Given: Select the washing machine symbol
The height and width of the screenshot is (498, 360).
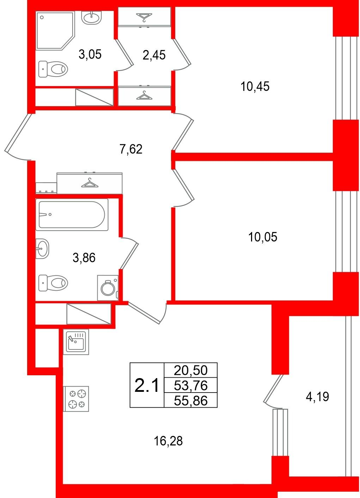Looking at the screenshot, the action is tap(108, 288).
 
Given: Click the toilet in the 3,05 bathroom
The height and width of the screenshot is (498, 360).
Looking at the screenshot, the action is tap(53, 69).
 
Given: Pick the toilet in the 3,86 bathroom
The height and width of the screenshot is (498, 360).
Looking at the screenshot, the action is tap(53, 283).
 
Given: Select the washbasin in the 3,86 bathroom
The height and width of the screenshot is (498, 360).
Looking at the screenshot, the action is tap(42, 249).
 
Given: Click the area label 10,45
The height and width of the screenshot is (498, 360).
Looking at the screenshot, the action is tap(255, 86).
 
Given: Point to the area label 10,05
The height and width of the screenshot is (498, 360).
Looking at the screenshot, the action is tap(263, 237).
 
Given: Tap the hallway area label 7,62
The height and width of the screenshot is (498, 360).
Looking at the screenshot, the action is tap(131, 149).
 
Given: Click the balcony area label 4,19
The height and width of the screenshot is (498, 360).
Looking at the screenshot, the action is tap(317, 397).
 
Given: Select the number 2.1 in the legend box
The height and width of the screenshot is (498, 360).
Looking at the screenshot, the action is tap(147, 386).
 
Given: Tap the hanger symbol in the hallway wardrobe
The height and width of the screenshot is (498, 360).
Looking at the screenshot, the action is tap(90, 183).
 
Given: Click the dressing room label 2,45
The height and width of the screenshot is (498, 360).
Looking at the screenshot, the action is tap(154, 55).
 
